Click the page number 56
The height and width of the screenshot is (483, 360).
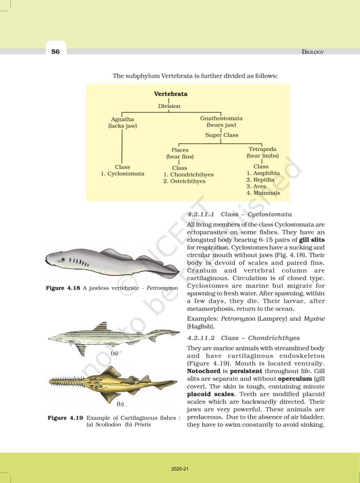click(56, 51)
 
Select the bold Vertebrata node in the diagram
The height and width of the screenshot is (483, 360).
click(171, 94)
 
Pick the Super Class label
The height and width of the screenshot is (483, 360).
click(221, 135)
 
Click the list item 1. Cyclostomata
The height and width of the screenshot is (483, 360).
click(123, 174)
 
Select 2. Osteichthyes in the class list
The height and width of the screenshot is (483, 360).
click(184, 181)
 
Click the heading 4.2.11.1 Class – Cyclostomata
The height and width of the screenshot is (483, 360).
click(239, 214)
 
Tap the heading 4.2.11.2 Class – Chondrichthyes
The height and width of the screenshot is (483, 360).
click(244, 338)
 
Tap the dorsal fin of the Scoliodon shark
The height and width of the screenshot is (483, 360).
click(100, 327)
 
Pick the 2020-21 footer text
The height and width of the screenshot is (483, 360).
click(180, 469)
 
